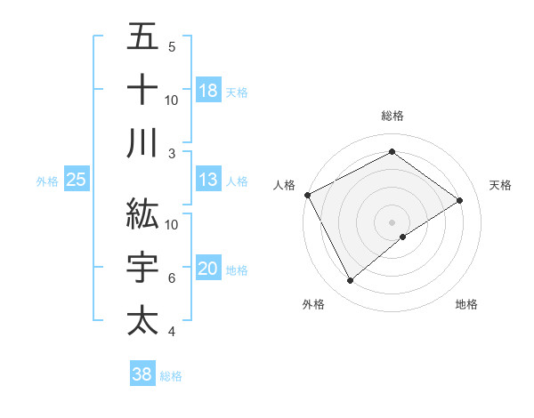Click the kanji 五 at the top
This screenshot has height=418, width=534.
coord(142,37)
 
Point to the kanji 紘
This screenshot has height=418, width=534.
coord(142,213)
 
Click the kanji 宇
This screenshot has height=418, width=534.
coord(142,268)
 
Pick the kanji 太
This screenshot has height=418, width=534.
coord(142,320)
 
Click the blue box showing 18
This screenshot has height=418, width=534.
coord(208,90)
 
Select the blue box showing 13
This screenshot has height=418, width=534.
coord(208,181)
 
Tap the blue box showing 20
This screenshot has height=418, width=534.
coord(208,269)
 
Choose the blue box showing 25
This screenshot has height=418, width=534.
coord(77,181)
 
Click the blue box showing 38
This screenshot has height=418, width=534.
coord(142,374)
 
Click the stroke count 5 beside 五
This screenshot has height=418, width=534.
coord(171,46)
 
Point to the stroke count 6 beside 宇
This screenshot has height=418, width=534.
coord(171,278)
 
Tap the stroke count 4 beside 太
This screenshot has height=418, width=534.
coord(171,332)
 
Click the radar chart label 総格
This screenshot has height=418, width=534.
coord(392,116)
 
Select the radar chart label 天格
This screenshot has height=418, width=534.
coord(500,185)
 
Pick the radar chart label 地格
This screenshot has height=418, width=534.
coord(466,304)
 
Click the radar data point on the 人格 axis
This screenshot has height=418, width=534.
coord(307,195)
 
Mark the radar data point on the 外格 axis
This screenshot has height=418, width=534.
coord(350,281)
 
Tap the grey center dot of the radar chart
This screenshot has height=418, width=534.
coord(392,221)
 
